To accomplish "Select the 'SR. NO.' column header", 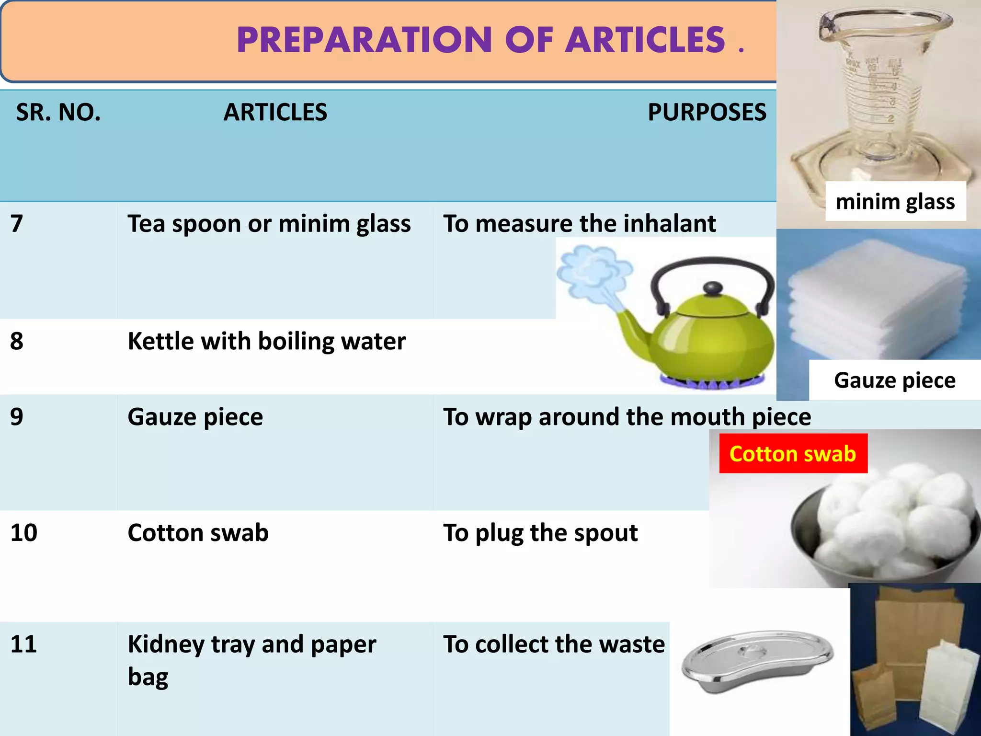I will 58,113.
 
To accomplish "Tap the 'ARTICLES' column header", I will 275,113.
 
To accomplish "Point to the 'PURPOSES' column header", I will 707,113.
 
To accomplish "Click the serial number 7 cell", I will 17,224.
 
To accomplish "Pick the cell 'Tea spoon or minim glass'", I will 269,224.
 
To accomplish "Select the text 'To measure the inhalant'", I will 579,224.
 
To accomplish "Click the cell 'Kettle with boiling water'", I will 266,341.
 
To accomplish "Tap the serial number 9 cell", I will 17,417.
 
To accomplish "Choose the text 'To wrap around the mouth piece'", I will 627,417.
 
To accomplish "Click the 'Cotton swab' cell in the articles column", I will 198,533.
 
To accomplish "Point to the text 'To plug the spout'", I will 540,533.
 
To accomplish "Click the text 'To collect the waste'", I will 554,644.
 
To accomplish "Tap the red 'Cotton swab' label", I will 793,454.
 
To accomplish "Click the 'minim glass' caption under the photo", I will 895,202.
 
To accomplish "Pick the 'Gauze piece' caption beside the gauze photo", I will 895,380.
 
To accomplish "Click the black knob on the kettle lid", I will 713,288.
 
